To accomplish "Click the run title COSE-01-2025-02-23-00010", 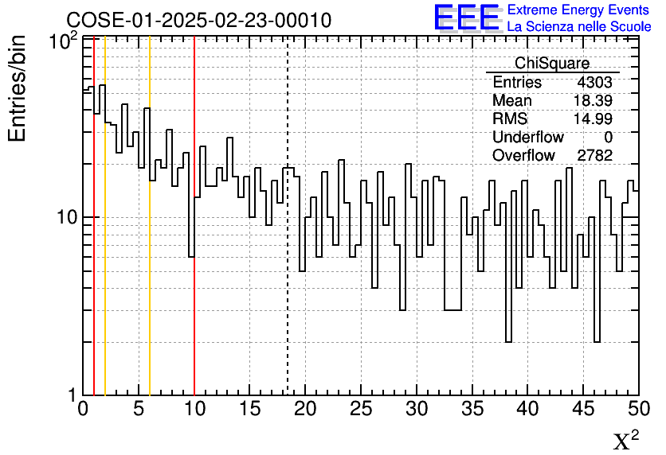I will (198, 20).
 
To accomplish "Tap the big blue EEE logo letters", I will (467, 17).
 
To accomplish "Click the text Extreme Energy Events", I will (579, 10).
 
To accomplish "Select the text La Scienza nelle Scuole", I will (579, 27).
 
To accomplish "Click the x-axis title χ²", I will (625, 441).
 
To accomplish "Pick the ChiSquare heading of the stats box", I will (552, 64).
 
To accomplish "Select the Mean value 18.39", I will (593, 101).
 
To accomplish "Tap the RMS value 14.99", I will (593, 119).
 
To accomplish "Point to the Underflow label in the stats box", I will (527, 138).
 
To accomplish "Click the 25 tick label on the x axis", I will (361, 410).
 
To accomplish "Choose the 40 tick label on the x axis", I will (527, 410).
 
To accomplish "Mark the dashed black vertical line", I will (287, 278).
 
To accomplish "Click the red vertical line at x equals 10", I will (194, 318).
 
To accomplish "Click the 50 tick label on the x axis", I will (637, 410).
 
